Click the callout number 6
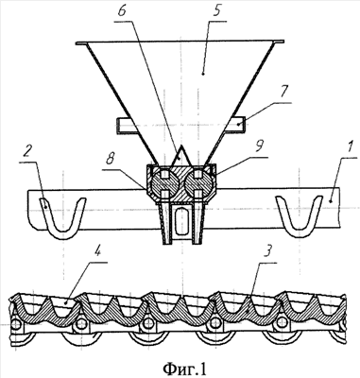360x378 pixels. (122, 12)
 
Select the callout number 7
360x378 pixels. (283, 93)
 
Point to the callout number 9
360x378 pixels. (260, 146)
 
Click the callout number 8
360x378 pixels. (110, 160)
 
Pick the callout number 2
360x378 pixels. (27, 153)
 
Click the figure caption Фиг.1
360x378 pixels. (184, 368)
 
